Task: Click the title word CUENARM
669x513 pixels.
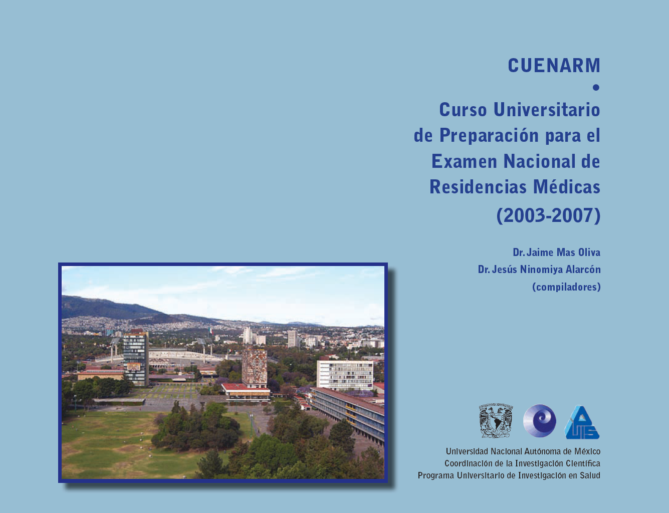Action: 554,65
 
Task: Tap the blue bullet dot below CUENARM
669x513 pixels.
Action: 596,88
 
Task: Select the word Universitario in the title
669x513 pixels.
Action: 547,110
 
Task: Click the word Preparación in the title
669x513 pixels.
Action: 489,136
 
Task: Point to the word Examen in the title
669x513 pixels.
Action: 464,161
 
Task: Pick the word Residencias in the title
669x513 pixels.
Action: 478,187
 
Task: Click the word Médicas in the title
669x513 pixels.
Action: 567,187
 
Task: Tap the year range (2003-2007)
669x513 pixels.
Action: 548,215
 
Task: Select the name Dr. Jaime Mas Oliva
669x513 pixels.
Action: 556,252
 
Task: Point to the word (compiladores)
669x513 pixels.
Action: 566,287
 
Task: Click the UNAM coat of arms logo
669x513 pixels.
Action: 496,420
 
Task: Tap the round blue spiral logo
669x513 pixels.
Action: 539,421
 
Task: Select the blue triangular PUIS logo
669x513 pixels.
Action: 582,422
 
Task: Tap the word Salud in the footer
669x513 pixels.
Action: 590,475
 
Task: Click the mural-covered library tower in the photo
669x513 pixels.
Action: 254,368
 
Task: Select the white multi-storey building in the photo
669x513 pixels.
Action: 345,375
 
